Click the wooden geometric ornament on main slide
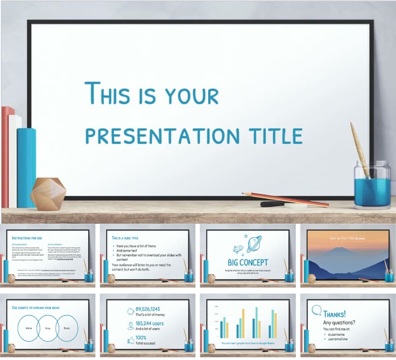pyautogui.click(x=48, y=194)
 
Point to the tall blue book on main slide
pyautogui.click(x=26, y=167)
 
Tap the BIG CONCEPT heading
pyautogui.click(x=248, y=262)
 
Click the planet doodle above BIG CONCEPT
pyautogui.click(x=254, y=244)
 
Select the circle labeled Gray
pyautogui.click(x=48, y=328)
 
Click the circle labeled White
pyautogui.click(x=28, y=328)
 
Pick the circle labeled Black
pyautogui.click(x=67, y=328)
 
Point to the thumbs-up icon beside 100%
pyautogui.click(x=131, y=340)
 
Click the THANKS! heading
pyautogui.click(x=334, y=314)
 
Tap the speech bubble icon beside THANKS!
pyautogui.click(x=316, y=310)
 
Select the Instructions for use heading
pyautogui.click(x=27, y=238)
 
